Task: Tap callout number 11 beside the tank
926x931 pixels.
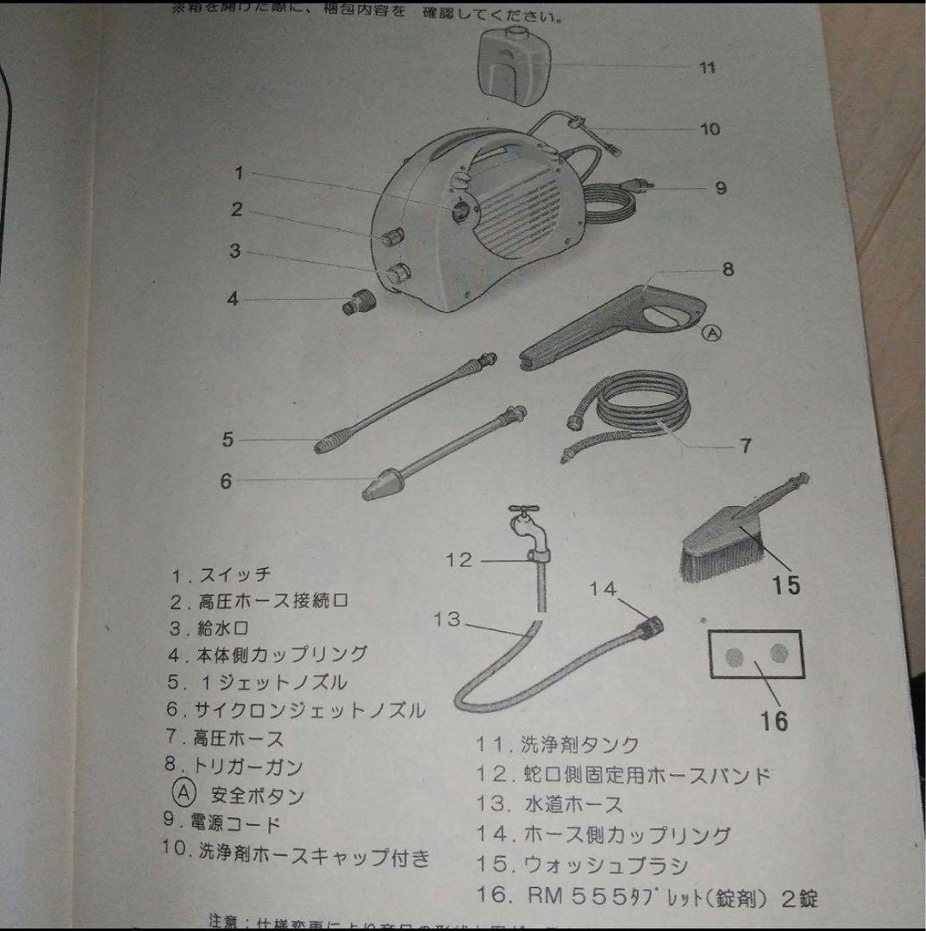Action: tap(707, 68)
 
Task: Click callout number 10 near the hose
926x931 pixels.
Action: tap(709, 129)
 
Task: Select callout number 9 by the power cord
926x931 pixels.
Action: tap(722, 187)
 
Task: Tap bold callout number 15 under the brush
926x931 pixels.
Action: tap(785, 586)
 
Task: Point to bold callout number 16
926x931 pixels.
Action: tap(774, 720)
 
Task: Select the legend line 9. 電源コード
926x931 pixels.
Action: tap(222, 822)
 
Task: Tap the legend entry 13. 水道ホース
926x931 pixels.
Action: tap(548, 804)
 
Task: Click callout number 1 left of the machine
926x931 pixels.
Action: tap(239, 173)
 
